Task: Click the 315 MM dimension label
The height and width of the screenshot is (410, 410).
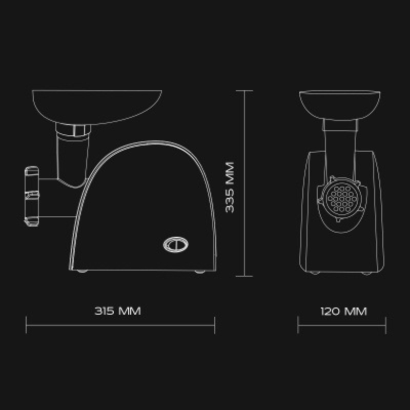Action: (118, 311)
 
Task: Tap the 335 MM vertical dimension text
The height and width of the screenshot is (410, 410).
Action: (230, 187)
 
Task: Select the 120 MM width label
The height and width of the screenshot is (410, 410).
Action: (344, 311)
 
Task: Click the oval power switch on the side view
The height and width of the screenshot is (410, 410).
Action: (176, 245)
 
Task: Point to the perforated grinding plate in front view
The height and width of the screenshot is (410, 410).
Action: (342, 199)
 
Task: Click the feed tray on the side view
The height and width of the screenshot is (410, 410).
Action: (97, 107)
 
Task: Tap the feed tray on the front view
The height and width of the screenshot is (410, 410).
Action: (340, 105)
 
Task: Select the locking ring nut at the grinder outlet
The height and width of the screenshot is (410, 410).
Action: (32, 196)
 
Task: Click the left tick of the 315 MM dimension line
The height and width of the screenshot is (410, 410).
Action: (26, 325)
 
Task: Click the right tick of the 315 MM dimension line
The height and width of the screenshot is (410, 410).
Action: (215, 325)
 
